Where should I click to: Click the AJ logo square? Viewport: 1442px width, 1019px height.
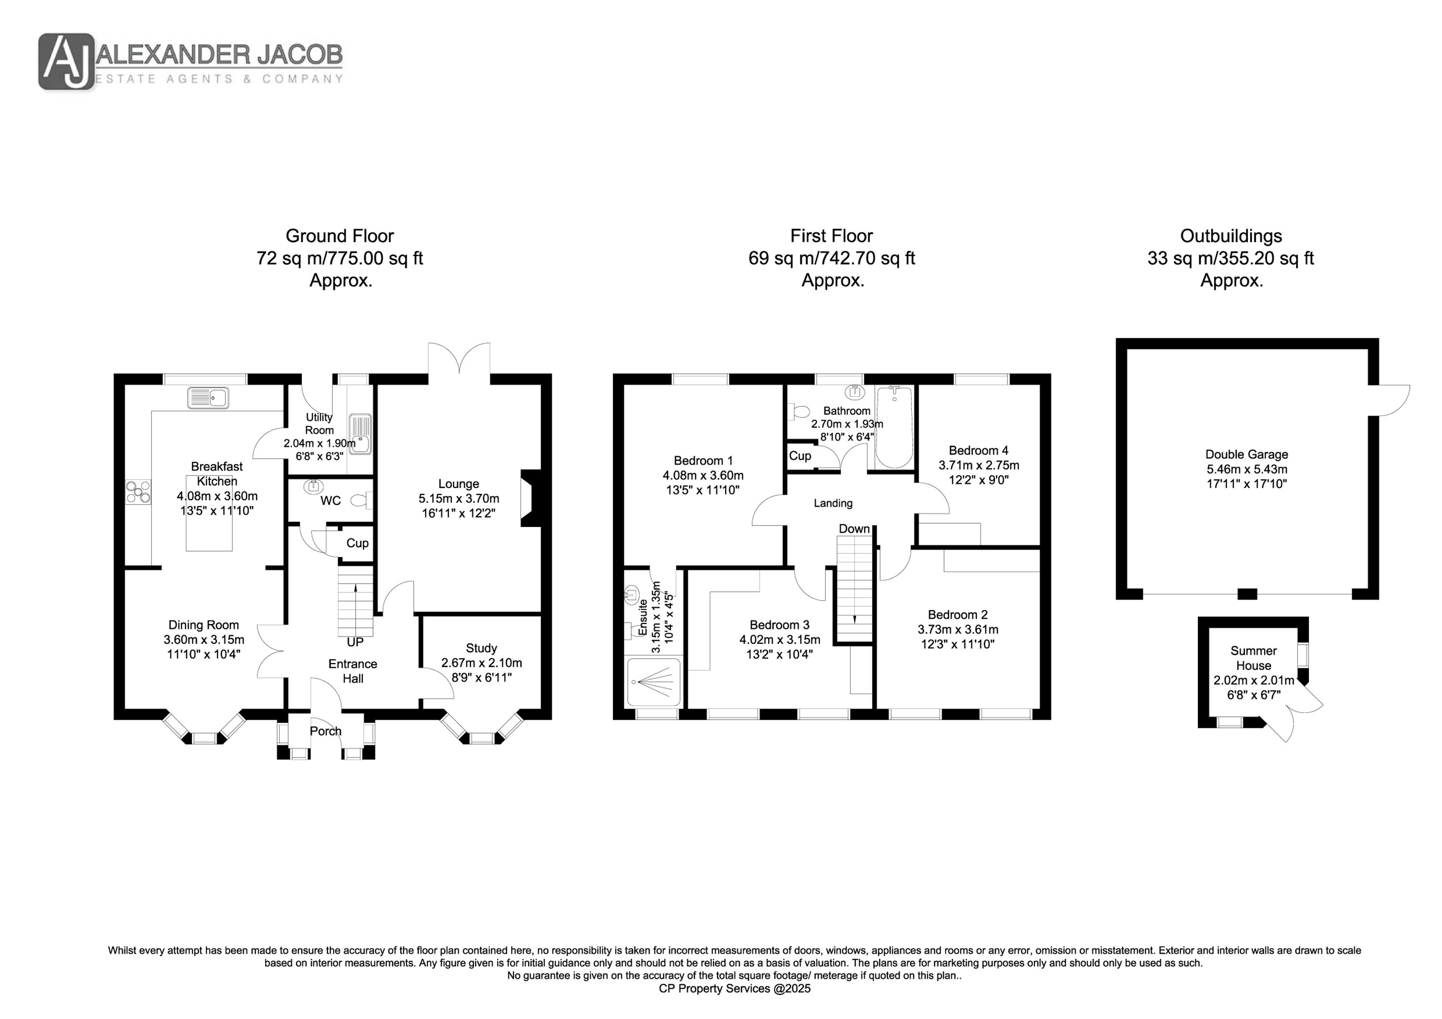(x=67, y=61)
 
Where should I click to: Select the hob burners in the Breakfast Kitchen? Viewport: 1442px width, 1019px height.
(x=138, y=491)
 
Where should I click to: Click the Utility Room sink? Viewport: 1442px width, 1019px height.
(x=360, y=433)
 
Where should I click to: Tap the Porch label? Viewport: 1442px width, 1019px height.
(x=325, y=731)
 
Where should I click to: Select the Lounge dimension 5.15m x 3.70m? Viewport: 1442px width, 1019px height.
(x=459, y=499)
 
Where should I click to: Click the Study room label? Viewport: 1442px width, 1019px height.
(x=481, y=648)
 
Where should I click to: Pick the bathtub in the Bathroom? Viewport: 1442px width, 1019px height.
(x=894, y=427)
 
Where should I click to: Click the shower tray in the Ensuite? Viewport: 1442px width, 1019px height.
(x=654, y=681)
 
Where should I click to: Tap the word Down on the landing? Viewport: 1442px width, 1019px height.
(x=854, y=528)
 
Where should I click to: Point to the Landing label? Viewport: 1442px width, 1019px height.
(x=833, y=503)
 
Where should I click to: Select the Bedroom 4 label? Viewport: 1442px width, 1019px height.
(x=979, y=450)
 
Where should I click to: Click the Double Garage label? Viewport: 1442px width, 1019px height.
(x=1247, y=454)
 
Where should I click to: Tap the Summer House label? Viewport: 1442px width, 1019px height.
(x=1254, y=658)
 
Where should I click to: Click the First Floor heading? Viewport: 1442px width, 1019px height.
(x=832, y=236)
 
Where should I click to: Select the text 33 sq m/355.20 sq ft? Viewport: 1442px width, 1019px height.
(x=1231, y=258)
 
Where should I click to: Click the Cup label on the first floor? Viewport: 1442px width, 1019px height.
(x=800, y=456)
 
